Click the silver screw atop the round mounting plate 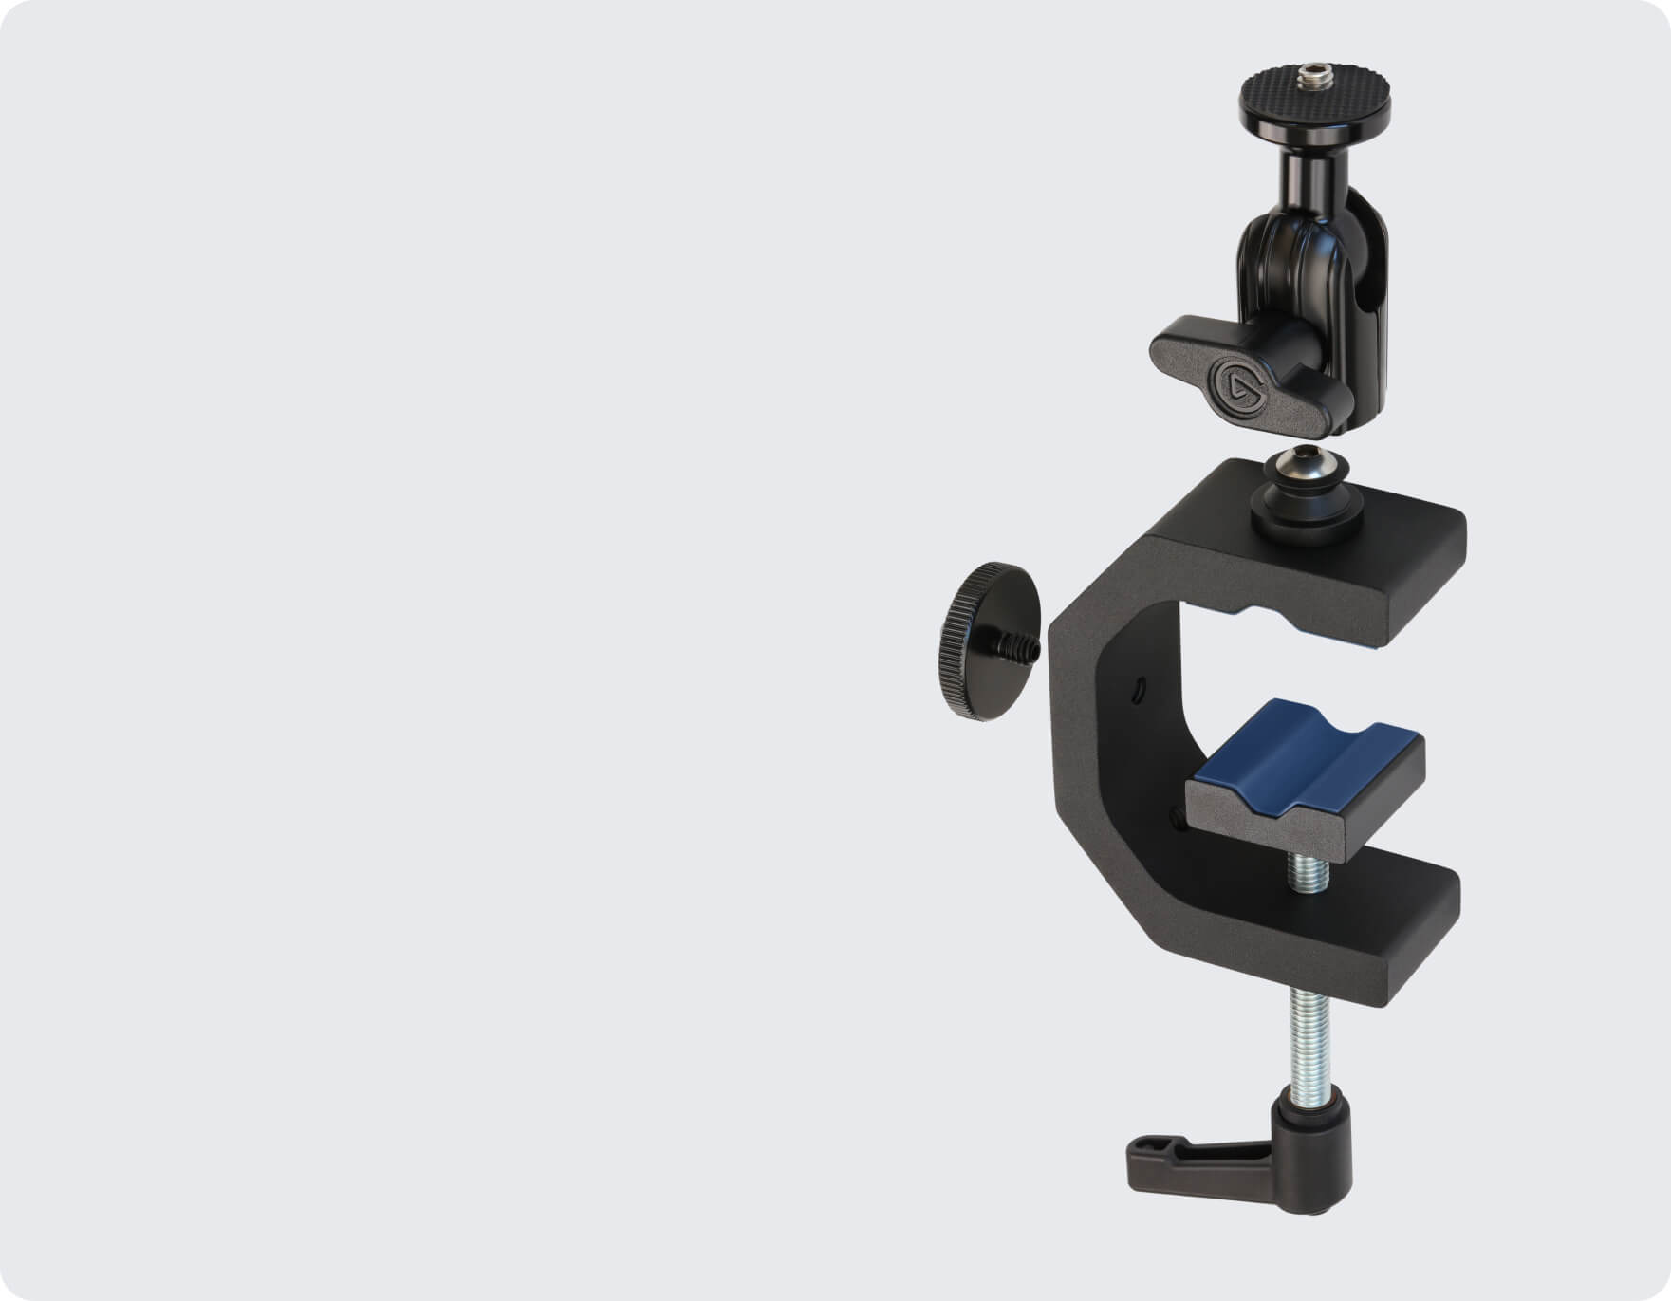pyautogui.click(x=1316, y=70)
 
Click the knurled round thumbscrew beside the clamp pyautogui.click(x=987, y=640)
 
